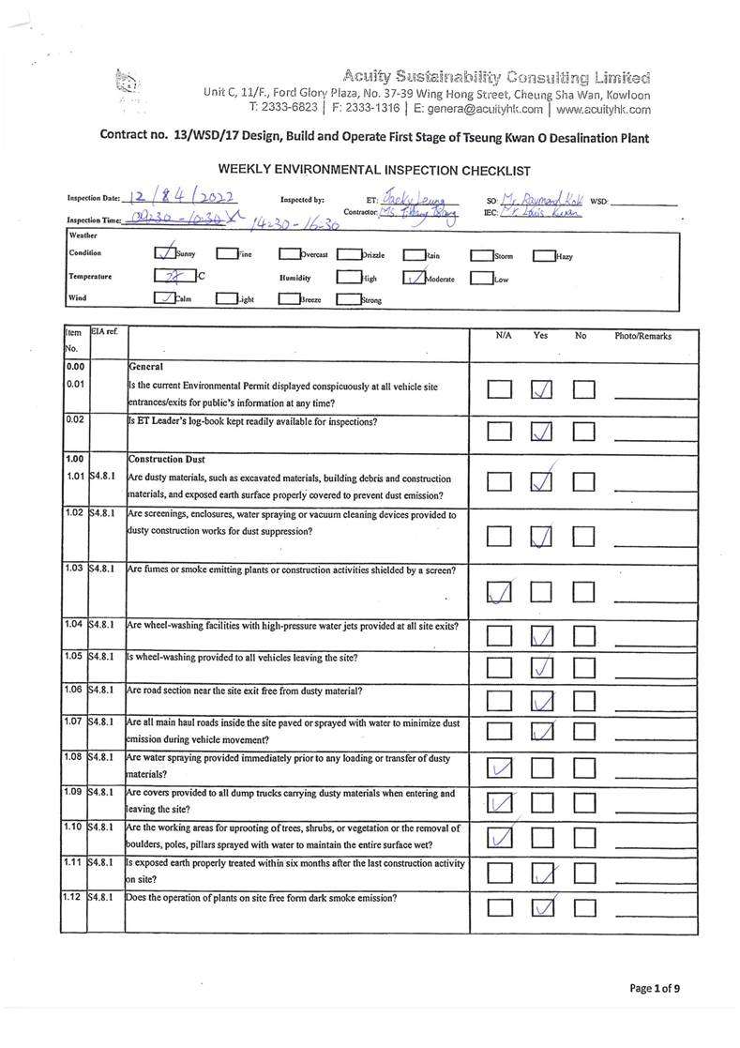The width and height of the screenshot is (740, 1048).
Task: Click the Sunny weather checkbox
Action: click(162, 253)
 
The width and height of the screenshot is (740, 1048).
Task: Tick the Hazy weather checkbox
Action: click(543, 255)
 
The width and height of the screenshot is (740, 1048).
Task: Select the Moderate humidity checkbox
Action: click(413, 278)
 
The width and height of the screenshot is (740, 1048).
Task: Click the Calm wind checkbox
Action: click(162, 299)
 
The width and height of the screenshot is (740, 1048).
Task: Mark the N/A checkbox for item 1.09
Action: click(500, 803)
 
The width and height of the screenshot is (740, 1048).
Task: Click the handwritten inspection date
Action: click(183, 199)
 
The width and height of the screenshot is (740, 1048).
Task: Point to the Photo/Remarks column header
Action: click(642, 335)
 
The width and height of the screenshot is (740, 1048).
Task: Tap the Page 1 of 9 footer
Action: click(655, 988)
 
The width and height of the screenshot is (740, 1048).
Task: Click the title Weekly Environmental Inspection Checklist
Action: click(373, 170)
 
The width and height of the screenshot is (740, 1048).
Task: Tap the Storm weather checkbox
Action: click(481, 255)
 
